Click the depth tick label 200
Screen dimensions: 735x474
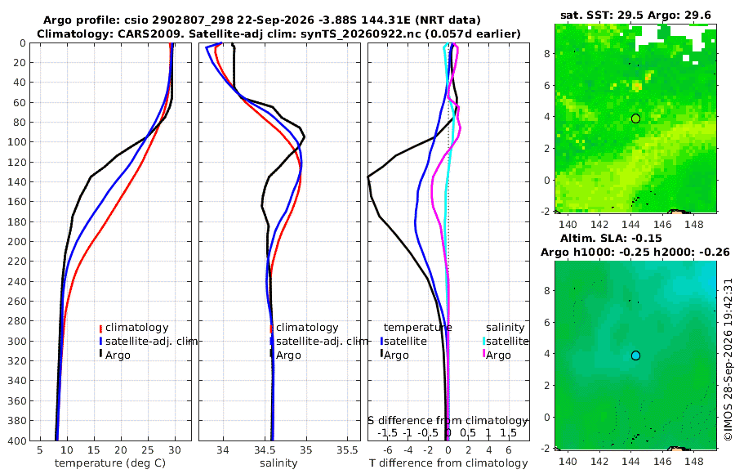pyautogui.click(x=18, y=241)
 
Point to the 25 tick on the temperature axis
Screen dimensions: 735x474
pyautogui.click(x=148, y=449)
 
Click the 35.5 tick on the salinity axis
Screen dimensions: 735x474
pyautogui.click(x=347, y=449)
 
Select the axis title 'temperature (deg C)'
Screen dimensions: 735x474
pyautogui.click(x=110, y=463)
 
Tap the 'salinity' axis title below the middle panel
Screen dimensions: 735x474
pyautogui.click(x=278, y=463)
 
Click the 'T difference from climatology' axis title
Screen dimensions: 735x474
pyautogui.click(x=448, y=463)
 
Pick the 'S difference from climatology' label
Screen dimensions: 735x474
pyautogui.click(x=448, y=421)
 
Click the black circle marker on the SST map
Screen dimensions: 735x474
pyautogui.click(x=635, y=118)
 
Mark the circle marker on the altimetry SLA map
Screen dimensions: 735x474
pyautogui.click(x=635, y=355)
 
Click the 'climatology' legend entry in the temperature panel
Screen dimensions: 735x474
pyautogui.click(x=137, y=328)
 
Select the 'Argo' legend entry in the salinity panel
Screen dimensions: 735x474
pyautogui.click(x=288, y=355)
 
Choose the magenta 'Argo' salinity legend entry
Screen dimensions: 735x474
pyautogui.click(x=498, y=355)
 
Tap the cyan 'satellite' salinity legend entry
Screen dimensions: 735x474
pyautogui.click(x=507, y=341)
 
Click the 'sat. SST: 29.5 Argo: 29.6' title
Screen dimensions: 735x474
pyautogui.click(x=635, y=16)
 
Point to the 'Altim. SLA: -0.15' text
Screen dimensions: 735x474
pyautogui.click(x=611, y=238)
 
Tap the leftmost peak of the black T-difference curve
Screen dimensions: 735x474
pyautogui.click(x=368, y=177)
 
